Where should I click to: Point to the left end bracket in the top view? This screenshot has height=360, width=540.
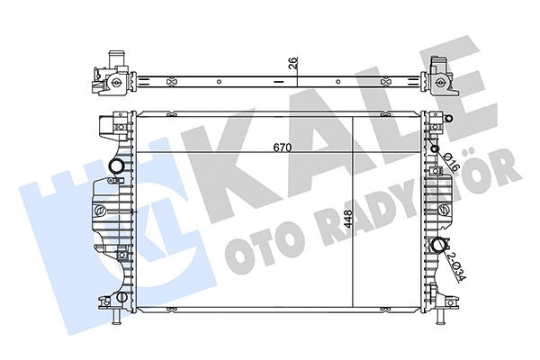[106, 78]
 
